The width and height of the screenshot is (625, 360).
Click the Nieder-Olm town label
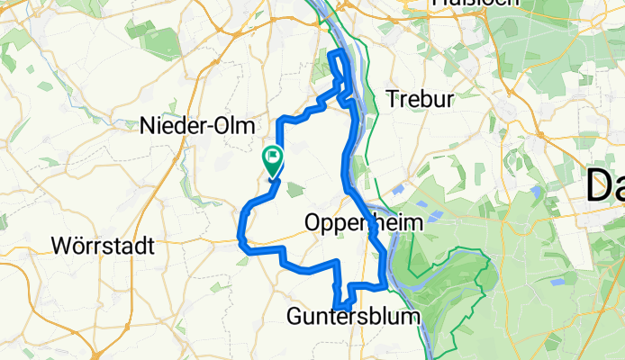[x=198, y=127]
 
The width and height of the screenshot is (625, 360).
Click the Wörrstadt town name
[x=104, y=245]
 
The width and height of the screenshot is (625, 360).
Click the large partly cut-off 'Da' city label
[x=605, y=187]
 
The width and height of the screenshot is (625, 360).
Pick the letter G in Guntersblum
[x=296, y=317]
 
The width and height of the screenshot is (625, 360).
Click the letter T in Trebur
[x=392, y=98]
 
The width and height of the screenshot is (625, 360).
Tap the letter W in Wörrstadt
[x=62, y=245]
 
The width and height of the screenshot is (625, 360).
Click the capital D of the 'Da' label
[x=598, y=187]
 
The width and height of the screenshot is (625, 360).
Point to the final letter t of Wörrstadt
[x=151, y=245]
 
